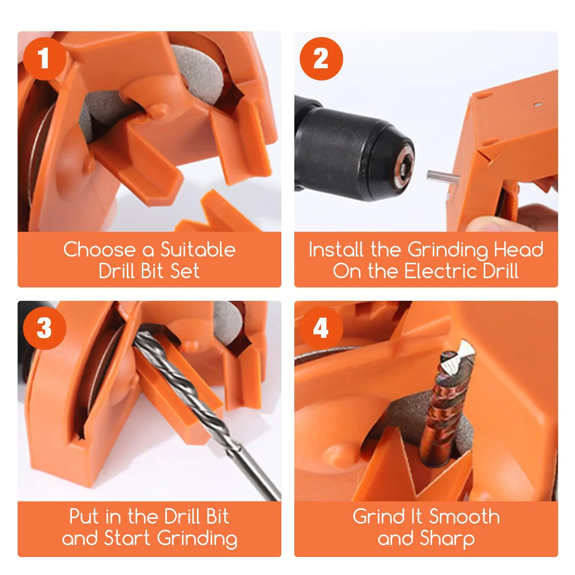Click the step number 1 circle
click(45, 59)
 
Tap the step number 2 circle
click(321, 59)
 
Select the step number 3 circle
click(45, 328)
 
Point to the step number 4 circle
click(321, 328)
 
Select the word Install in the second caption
click(336, 249)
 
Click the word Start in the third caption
click(127, 538)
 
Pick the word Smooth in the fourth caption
click(464, 516)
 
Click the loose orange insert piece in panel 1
click(219, 214)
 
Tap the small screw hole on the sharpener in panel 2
click(538, 105)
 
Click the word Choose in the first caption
click(99, 249)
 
